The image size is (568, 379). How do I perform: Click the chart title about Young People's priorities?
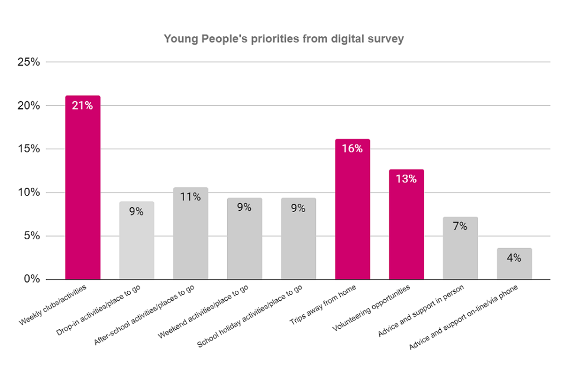283,39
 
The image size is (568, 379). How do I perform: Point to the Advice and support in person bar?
460,252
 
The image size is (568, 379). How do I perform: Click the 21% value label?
82,106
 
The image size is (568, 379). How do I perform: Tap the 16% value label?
352,149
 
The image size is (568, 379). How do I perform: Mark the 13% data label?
406,179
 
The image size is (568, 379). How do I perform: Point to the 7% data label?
460,226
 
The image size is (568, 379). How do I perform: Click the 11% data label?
190,197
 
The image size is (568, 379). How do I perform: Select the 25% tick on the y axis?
27,62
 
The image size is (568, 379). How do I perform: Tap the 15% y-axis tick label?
27,149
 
